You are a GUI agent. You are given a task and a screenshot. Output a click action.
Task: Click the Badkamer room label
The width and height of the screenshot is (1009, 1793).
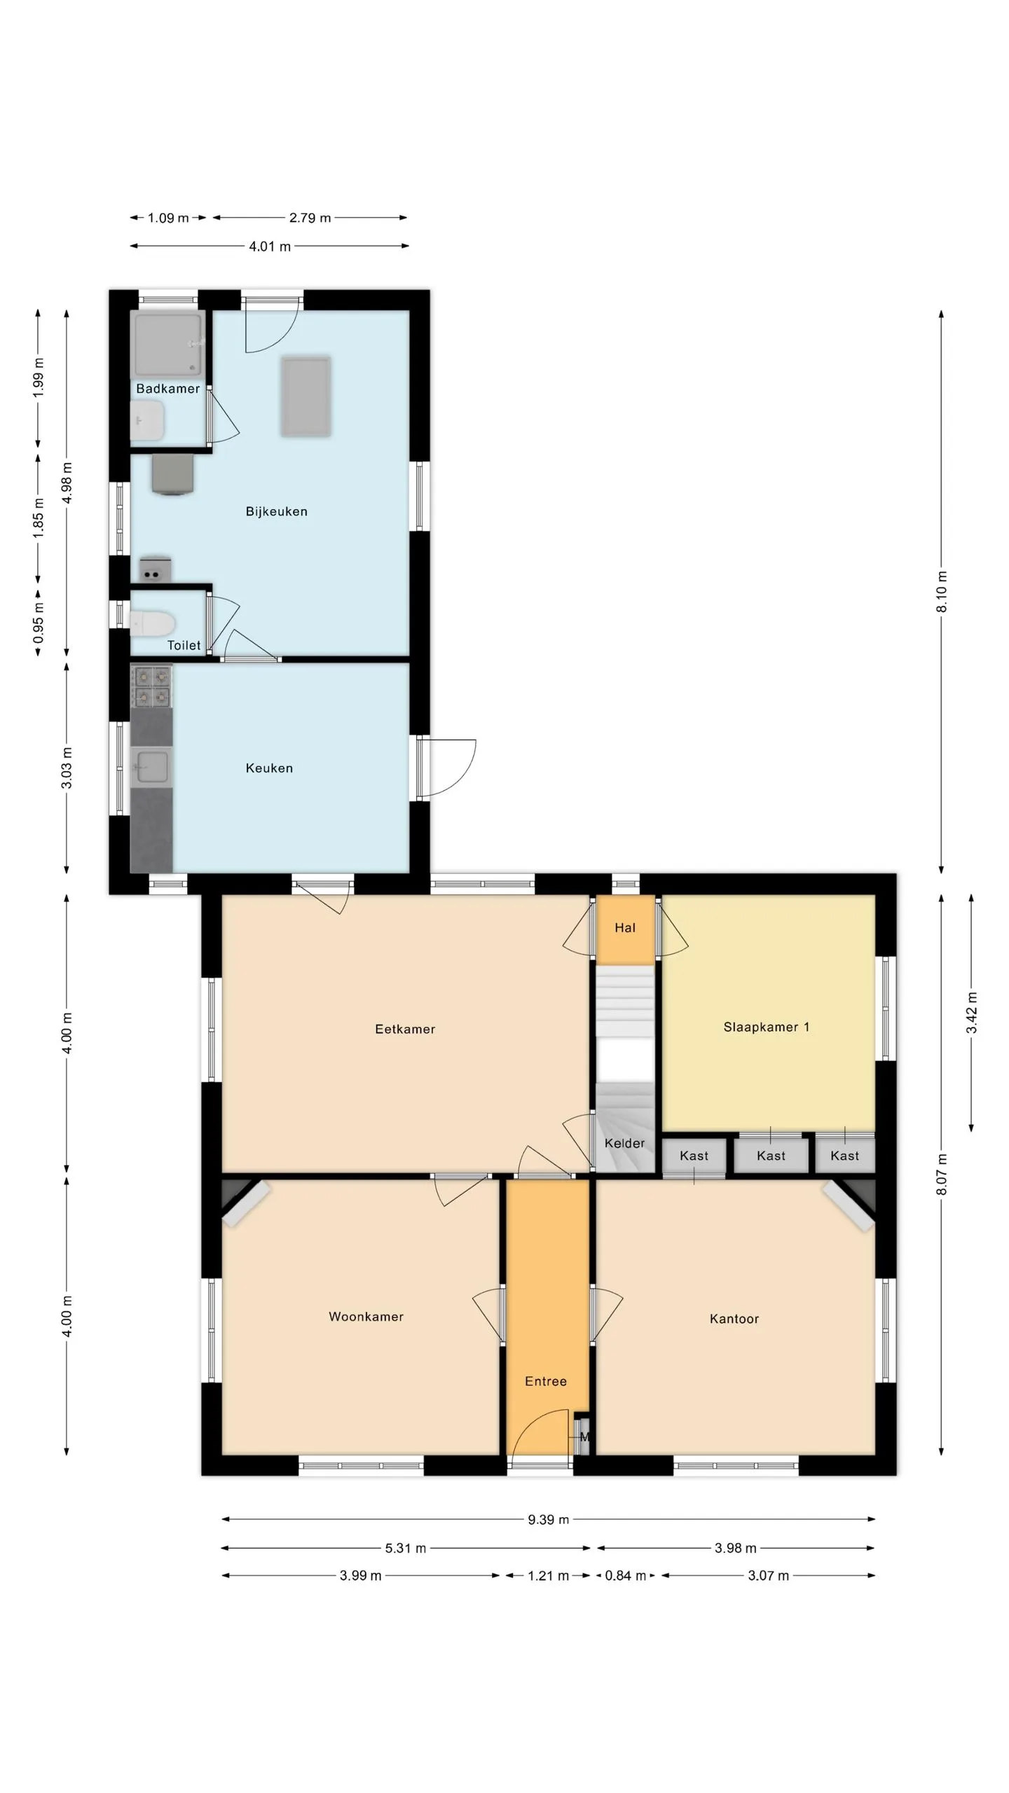pyautogui.click(x=168, y=389)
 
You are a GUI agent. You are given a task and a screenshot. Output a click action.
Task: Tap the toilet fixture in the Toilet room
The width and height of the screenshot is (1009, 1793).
pyautogui.click(x=152, y=623)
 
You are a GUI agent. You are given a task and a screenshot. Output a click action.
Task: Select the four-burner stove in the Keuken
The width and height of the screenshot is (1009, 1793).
pyautogui.click(x=151, y=686)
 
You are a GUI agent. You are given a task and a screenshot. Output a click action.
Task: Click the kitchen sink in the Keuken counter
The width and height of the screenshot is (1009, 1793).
pyautogui.click(x=151, y=766)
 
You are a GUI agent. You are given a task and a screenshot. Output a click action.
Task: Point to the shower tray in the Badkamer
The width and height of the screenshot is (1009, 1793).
pyautogui.click(x=168, y=345)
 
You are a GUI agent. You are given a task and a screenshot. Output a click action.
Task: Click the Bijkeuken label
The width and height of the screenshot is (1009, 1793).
pyautogui.click(x=276, y=511)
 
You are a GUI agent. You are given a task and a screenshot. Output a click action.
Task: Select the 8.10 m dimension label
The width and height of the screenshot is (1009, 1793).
pyautogui.click(x=942, y=592)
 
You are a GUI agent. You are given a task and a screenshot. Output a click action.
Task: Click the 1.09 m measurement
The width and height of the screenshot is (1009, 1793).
pyautogui.click(x=168, y=218)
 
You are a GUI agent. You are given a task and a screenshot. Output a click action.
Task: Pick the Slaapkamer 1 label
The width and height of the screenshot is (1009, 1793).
pyautogui.click(x=767, y=1027)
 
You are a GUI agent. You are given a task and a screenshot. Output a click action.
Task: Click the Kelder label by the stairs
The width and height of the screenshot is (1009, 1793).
pyautogui.click(x=624, y=1143)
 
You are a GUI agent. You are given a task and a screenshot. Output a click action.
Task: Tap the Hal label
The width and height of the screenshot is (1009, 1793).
pyautogui.click(x=625, y=927)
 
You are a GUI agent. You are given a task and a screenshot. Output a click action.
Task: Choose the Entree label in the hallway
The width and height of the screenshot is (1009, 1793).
pyautogui.click(x=546, y=1381)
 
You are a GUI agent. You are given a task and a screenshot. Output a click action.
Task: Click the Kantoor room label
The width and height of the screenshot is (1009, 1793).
pyautogui.click(x=734, y=1319)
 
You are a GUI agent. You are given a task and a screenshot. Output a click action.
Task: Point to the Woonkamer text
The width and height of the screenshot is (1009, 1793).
pyautogui.click(x=366, y=1317)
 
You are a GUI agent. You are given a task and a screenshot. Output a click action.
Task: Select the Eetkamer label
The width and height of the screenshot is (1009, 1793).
pyautogui.click(x=405, y=1029)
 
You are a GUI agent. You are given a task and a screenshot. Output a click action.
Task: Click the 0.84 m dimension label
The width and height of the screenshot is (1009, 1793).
pyautogui.click(x=625, y=1575)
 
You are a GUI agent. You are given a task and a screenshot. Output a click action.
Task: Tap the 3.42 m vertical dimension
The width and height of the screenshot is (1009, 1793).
pyautogui.click(x=971, y=1013)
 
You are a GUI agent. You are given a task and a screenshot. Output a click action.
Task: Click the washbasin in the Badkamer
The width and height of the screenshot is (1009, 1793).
pyautogui.click(x=147, y=421)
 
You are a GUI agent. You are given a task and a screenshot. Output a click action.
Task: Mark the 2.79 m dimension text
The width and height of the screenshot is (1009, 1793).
pyautogui.click(x=310, y=218)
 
